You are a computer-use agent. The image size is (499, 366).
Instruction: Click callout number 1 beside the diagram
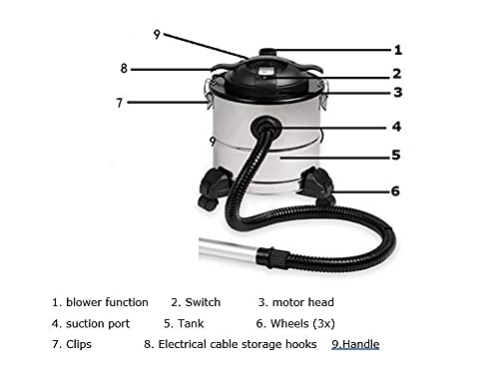398,50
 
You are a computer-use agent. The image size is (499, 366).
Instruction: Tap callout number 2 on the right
396,74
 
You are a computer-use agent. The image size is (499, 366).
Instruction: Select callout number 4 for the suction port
396,127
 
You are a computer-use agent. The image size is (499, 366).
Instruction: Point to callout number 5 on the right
396,155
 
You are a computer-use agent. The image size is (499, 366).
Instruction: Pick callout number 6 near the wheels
395,191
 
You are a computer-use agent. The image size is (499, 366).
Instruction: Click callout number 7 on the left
120,103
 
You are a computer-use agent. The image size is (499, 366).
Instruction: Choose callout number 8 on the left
124,69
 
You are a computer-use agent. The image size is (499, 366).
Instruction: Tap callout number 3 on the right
398,92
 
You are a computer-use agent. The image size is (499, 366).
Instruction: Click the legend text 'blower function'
107,302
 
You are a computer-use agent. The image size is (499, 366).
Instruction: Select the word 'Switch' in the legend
203,302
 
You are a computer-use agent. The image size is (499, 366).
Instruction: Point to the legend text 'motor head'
302,302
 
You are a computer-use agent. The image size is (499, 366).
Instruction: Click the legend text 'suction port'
98,324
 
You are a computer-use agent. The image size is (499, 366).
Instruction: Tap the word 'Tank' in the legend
191,323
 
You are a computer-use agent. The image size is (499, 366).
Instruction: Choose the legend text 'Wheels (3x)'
302,323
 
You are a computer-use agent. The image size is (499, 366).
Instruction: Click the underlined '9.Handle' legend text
355,344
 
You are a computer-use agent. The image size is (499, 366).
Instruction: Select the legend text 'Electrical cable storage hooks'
238,344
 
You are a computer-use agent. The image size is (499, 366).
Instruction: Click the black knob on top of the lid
267,53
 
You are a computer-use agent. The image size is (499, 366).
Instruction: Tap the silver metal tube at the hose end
229,249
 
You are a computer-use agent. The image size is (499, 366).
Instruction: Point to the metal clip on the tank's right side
323,96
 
